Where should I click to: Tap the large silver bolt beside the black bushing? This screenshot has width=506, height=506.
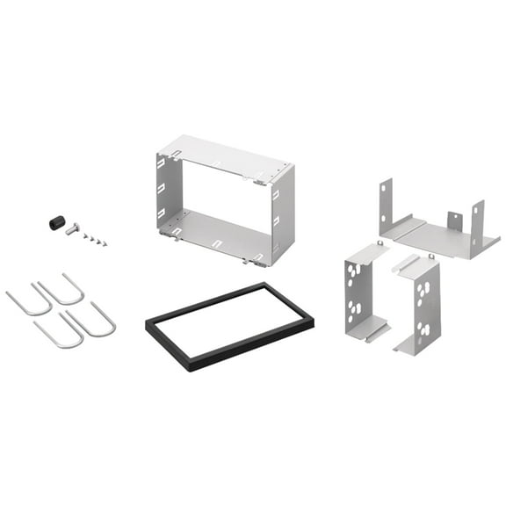(72, 230)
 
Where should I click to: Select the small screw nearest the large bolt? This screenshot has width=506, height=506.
(86, 235)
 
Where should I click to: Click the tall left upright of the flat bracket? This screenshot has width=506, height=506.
(386, 206)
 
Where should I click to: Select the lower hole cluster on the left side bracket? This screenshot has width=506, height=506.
(355, 310)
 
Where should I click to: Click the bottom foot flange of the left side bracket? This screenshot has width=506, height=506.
(368, 329)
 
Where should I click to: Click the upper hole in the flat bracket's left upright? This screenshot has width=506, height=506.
(385, 188)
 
